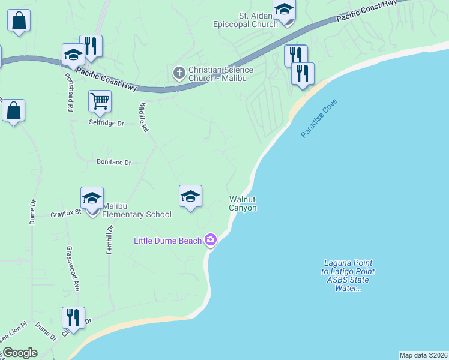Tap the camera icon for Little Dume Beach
click(210, 240)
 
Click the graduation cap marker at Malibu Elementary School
click(92, 198)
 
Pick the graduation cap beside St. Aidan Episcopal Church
click(284, 10)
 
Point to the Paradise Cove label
click(319, 118)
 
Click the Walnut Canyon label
click(243, 203)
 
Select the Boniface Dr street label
click(113, 161)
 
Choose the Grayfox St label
click(65, 213)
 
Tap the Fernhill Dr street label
click(110, 239)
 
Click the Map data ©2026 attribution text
click(423, 355)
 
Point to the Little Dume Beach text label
click(167, 241)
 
